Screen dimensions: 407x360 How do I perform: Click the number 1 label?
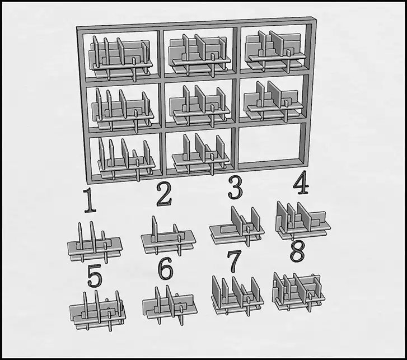pos(90,200)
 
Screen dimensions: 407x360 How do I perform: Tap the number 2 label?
pos(164,194)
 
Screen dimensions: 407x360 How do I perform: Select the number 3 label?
pos(235,188)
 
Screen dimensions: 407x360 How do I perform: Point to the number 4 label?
pos(301,182)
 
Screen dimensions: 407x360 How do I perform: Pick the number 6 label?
pos(165,269)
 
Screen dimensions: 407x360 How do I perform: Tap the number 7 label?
pos(234,261)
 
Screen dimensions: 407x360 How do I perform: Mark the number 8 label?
pos(297,253)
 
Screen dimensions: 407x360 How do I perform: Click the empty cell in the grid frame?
pos(271,143)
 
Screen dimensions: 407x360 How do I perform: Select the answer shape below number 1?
pos(95,242)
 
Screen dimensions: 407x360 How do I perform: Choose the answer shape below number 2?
pos(169,236)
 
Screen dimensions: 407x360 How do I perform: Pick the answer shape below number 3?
pos(237,226)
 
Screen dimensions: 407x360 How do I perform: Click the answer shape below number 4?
pos(303,221)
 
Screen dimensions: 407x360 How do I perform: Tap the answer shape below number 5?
pos(97,311)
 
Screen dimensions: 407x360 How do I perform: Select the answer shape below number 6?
pos(170,306)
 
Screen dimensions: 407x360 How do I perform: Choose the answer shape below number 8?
pos(298,292)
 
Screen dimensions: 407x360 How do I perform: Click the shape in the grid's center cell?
pos(199,106)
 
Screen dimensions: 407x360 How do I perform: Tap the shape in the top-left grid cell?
pos(120,58)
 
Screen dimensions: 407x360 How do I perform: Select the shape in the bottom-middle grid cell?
pos(200,154)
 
